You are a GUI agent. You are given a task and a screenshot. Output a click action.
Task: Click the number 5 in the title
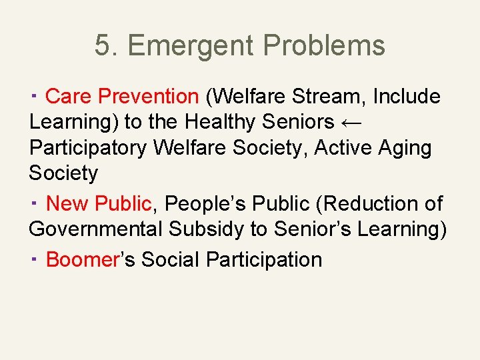pyautogui.click(x=102, y=46)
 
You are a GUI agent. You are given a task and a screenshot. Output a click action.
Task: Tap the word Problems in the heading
pyautogui.click(x=324, y=46)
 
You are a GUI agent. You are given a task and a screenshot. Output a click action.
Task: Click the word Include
pyautogui.click(x=407, y=97)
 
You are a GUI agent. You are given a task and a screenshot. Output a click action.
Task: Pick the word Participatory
pyautogui.click(x=88, y=147)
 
